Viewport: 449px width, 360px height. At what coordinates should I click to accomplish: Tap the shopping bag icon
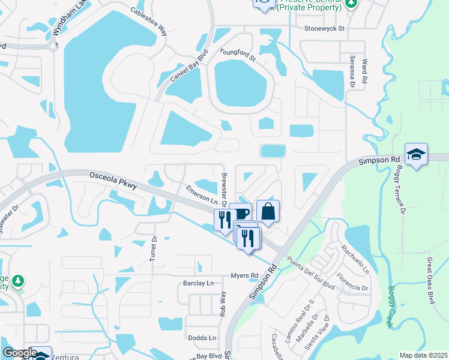268,211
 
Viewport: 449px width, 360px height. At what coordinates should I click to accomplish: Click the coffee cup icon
240,214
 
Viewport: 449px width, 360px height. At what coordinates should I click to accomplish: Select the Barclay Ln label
198,283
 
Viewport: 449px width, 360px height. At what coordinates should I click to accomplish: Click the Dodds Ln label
202,338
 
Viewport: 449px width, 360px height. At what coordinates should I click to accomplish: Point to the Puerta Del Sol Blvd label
310,274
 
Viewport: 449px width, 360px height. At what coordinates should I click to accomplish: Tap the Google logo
19,353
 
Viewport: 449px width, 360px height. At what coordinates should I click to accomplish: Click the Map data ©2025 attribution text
423,355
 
